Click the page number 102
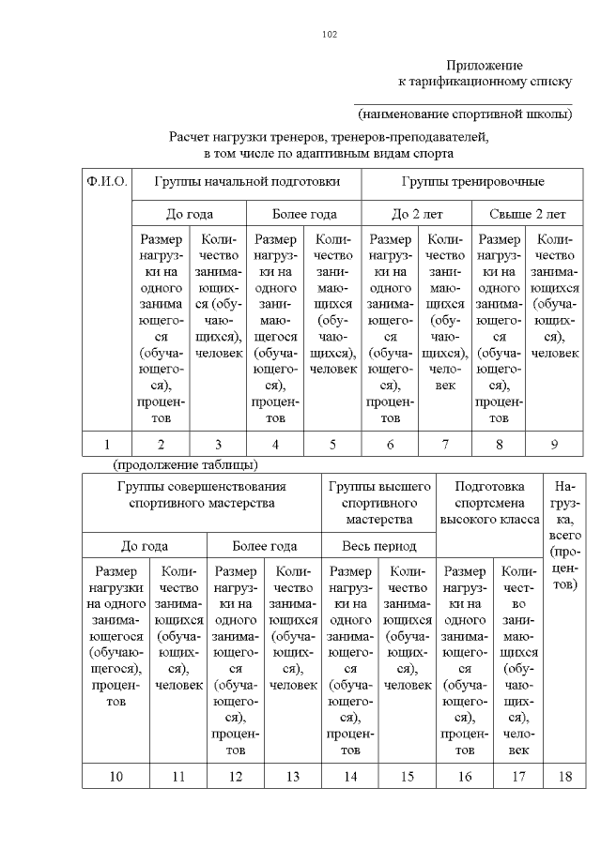tap(329, 35)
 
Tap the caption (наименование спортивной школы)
tap(464, 114)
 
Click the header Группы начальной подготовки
tap(246, 181)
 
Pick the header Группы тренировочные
tap(472, 181)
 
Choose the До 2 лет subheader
tap(415, 214)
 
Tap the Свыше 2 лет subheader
tap(526, 214)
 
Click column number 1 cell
tap(106, 445)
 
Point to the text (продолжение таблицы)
tap(185, 464)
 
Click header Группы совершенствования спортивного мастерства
tap(202, 494)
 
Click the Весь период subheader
tap(379, 545)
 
